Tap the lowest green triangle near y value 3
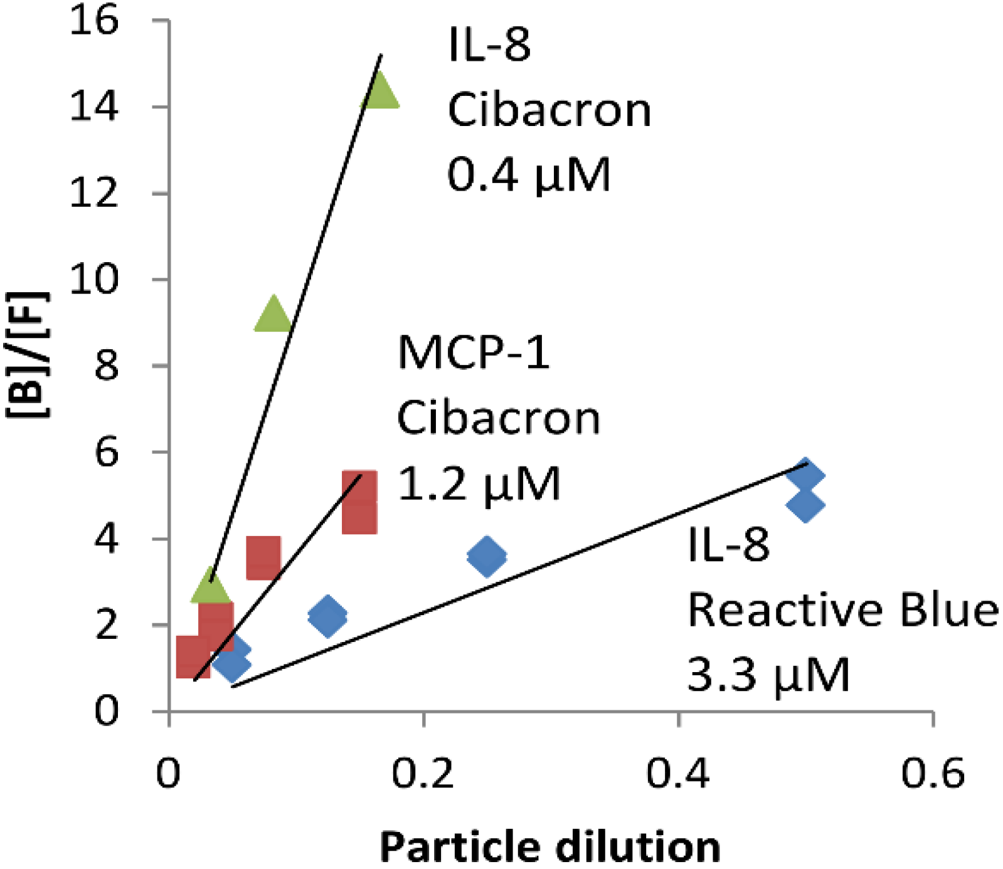pyautogui.click(x=211, y=588)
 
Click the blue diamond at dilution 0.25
pyautogui.click(x=487, y=556)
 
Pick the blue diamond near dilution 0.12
pyautogui.click(x=327, y=616)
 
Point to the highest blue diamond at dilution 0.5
pyautogui.click(x=805, y=475)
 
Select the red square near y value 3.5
pyautogui.click(x=263, y=557)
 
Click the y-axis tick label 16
pyautogui.click(x=93, y=21)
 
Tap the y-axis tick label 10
pyautogui.click(x=93, y=279)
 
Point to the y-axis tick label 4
pyautogui.click(x=106, y=539)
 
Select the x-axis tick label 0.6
pyautogui.click(x=933, y=773)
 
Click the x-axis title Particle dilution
pyautogui.click(x=549, y=847)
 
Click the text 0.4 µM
pyautogui.click(x=529, y=174)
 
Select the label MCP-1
pyautogui.click(x=474, y=352)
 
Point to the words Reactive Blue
pyautogui.click(x=842, y=609)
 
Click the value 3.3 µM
pyautogui.click(x=768, y=675)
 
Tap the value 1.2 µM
pyautogui.click(x=479, y=484)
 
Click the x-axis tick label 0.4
pyautogui.click(x=678, y=773)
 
